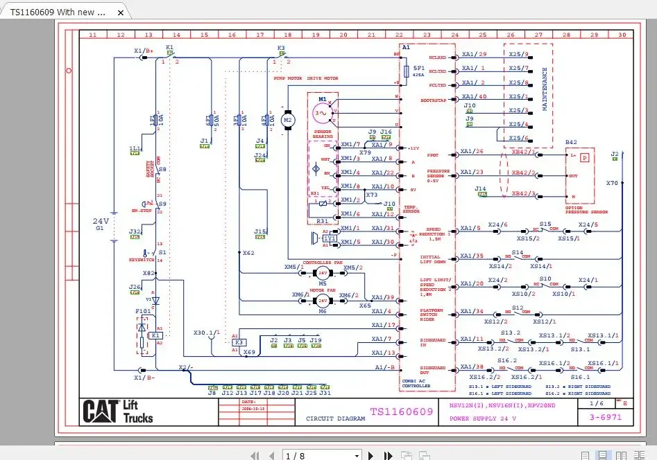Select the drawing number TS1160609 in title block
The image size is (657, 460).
402,412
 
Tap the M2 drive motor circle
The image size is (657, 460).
288,121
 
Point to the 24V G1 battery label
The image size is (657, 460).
101,223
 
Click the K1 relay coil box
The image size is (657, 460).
155,335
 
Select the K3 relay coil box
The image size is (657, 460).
239,342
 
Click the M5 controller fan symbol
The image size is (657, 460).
323,273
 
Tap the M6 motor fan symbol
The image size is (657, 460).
323,300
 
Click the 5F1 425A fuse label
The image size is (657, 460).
418,71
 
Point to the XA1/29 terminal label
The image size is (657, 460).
474,54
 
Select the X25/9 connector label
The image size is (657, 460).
518,54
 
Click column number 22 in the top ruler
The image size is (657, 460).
399,34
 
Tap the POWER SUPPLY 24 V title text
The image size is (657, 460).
478,418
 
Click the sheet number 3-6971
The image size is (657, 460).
600,418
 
